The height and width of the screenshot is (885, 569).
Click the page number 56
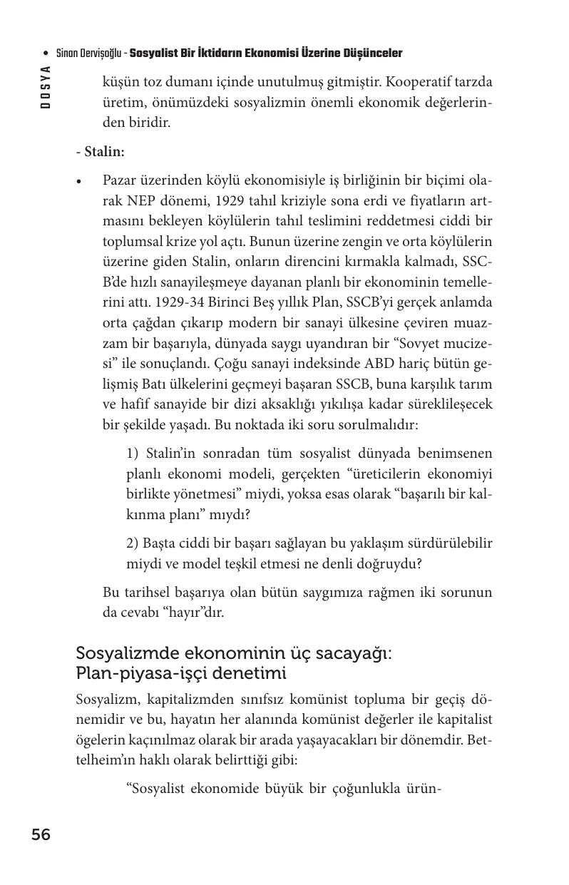[x=41, y=834]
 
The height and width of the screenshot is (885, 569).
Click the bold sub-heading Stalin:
[x=104, y=152]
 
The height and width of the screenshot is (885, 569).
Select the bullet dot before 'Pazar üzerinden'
[x=81, y=182]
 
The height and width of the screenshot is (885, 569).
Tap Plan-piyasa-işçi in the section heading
[x=135, y=673]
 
